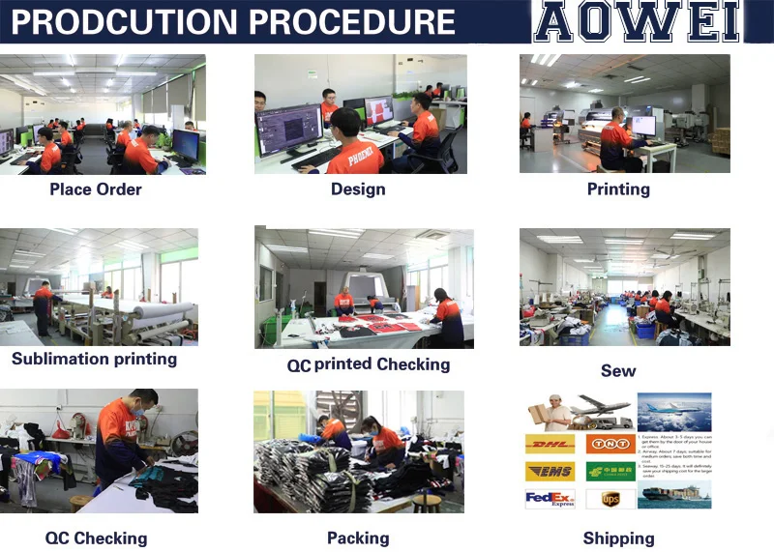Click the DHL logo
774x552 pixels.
[x=549, y=444]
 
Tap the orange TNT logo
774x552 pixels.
[x=610, y=444]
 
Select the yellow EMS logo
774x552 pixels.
[x=549, y=472]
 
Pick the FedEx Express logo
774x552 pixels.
[x=549, y=499]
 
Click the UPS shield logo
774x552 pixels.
[x=610, y=499]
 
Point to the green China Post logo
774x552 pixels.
[x=610, y=472]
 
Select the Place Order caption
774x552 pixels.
[x=96, y=189]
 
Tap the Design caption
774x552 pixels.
[x=358, y=189]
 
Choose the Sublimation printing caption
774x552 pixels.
[x=95, y=360]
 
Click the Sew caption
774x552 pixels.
[x=618, y=371]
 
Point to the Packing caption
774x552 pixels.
[x=358, y=538]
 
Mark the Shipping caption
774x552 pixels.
[x=618, y=538]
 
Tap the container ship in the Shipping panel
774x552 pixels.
[x=673, y=492]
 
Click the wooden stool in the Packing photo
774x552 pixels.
[x=427, y=503]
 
